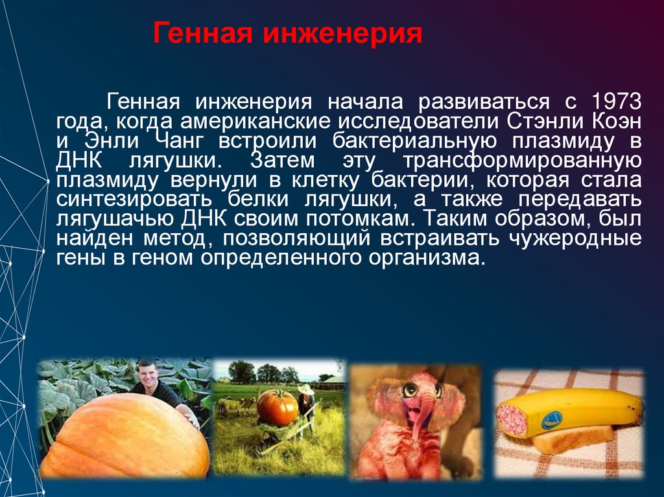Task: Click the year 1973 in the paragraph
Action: [x=615, y=102]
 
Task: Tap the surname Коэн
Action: [x=616, y=121]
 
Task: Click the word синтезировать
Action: [x=122, y=199]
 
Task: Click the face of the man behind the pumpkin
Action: [x=148, y=374]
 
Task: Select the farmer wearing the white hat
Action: [x=305, y=402]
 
